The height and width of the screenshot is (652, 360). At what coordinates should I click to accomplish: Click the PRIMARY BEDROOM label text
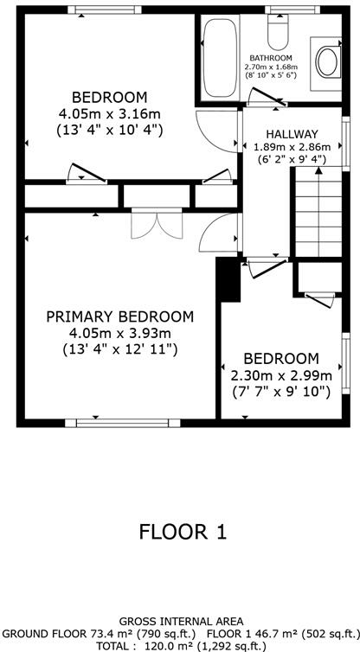pyautogui.click(x=119, y=316)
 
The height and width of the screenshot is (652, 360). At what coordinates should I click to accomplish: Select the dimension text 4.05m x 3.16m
pyautogui.click(x=109, y=113)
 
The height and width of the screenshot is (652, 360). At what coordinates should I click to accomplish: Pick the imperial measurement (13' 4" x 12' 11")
pyautogui.click(x=119, y=349)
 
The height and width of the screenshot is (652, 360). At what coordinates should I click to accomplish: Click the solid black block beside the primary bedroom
pyautogui.click(x=227, y=279)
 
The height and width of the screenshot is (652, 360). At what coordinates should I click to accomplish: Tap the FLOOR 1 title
pyautogui.click(x=183, y=532)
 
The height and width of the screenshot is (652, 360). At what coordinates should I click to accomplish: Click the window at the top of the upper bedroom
pyautogui.click(x=109, y=10)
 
